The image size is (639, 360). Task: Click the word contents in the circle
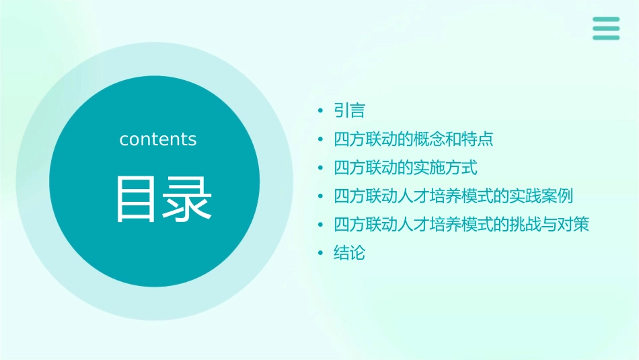tap(158, 139)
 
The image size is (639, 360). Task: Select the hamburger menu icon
tap(605, 28)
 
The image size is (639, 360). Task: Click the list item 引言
tap(349, 110)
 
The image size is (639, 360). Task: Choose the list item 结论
tap(349, 253)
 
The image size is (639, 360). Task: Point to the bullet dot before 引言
tap(321, 110)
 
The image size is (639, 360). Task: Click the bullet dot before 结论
tap(321, 253)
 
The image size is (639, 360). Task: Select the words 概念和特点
tap(454, 139)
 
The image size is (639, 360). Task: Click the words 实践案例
tap(541, 196)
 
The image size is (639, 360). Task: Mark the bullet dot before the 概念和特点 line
tap(321, 139)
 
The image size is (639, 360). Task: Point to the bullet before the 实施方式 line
tap(321, 168)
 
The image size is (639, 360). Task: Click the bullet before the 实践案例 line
tap(321, 196)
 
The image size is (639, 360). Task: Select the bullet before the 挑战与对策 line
tap(321, 225)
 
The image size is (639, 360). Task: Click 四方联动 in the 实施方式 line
tap(365, 168)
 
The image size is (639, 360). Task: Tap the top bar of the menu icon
tap(605, 19)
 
